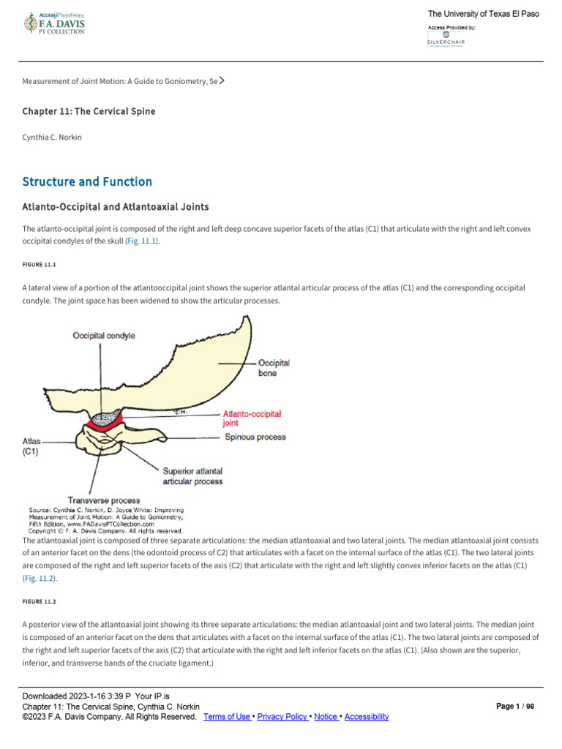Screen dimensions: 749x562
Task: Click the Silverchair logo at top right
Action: [x=446, y=39]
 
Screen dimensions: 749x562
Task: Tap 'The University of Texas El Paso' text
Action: [x=483, y=14]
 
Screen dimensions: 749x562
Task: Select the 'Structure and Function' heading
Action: [x=87, y=181]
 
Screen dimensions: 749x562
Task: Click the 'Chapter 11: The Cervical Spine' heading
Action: [x=89, y=111]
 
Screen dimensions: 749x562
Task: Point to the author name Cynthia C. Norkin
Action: [x=53, y=136]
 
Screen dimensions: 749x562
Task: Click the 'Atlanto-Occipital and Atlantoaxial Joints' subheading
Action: [x=116, y=207]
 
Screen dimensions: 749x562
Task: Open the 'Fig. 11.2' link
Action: [x=40, y=578]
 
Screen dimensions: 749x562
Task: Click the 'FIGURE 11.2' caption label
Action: [x=39, y=601]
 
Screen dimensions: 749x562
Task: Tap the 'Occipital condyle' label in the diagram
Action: [x=103, y=335]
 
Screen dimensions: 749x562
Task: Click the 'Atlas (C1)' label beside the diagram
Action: [x=31, y=446]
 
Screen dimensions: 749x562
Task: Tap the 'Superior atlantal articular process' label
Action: [x=192, y=476]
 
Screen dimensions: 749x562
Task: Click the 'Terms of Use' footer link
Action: [x=228, y=717]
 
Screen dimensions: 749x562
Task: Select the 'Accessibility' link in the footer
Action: [x=366, y=717]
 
